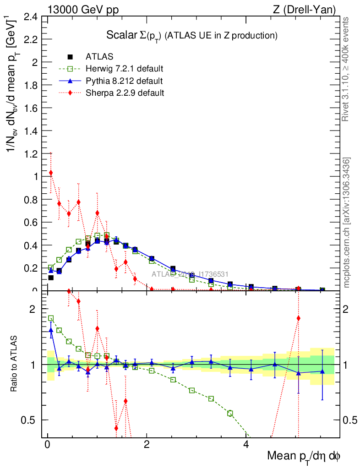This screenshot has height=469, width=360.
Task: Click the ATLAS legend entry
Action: coord(96,57)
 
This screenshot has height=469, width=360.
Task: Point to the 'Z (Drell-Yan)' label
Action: coord(308,9)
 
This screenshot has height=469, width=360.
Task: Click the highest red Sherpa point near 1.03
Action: coord(51,173)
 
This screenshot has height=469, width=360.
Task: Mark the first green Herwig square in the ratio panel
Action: coord(51,318)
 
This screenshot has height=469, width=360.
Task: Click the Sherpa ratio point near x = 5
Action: coord(298,318)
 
